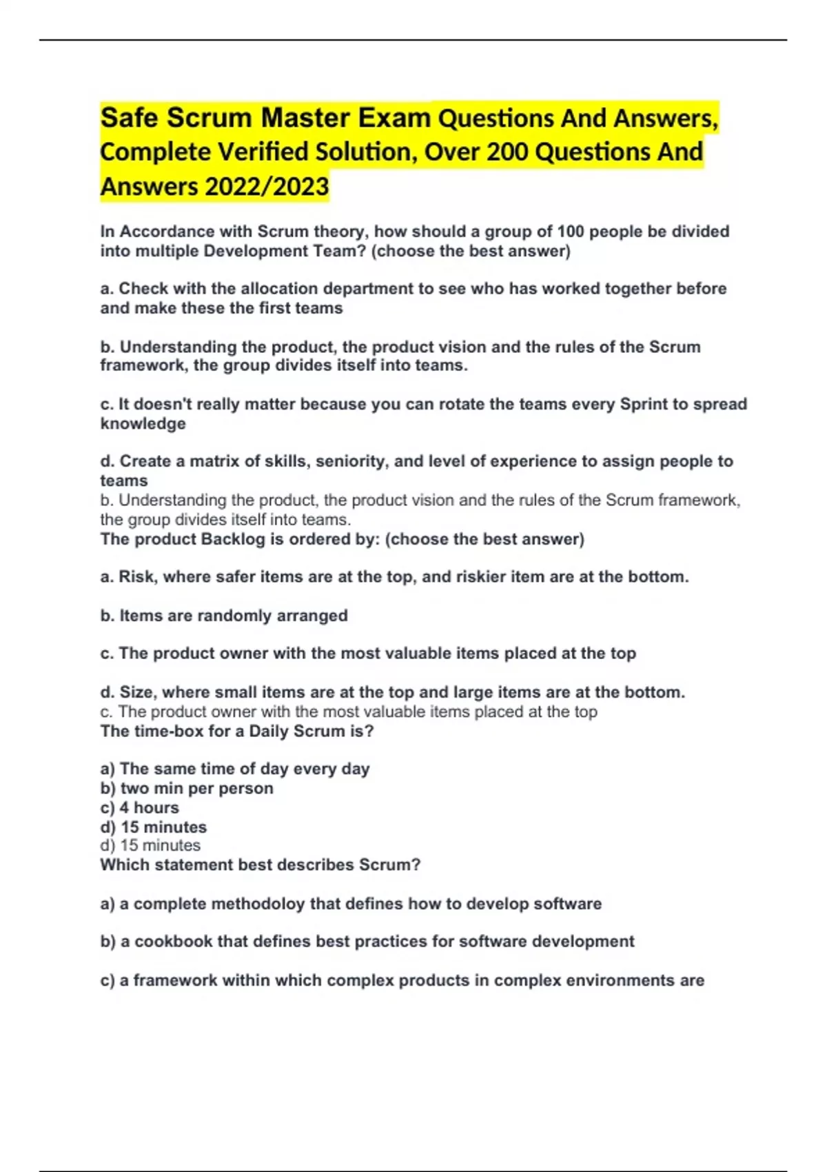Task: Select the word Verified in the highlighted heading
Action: pos(263,152)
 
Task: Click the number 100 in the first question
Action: pos(571,232)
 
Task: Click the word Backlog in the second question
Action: pos(232,539)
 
